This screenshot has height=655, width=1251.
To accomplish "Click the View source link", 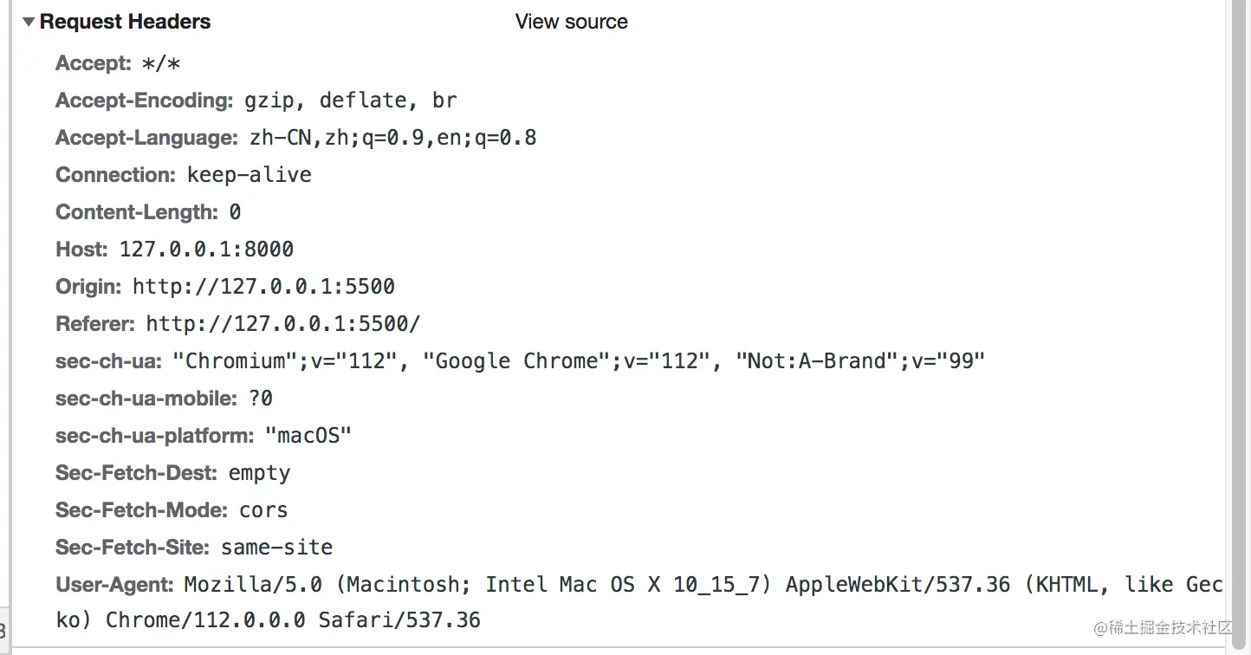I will pyautogui.click(x=571, y=22).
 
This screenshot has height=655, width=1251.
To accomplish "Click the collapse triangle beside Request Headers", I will pyautogui.click(x=29, y=22).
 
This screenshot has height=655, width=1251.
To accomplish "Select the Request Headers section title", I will pyautogui.click(x=125, y=22).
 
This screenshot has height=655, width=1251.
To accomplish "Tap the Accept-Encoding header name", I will pyautogui.click(x=144, y=101).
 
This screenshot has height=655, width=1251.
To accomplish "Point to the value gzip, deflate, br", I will pyautogui.click(x=350, y=101).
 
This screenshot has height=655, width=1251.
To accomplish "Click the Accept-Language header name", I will pyautogui.click(x=146, y=138).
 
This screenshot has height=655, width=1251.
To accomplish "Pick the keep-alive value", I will pyautogui.click(x=249, y=175).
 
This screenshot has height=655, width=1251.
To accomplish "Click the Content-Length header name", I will pyautogui.click(x=136, y=212).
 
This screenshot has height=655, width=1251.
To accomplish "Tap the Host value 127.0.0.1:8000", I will pyautogui.click(x=206, y=250).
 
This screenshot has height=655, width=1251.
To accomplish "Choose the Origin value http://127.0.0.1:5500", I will pyautogui.click(x=263, y=287).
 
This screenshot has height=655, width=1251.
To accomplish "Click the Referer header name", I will pyautogui.click(x=94, y=324).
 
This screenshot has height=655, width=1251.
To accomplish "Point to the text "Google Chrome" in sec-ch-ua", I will pyautogui.click(x=516, y=361).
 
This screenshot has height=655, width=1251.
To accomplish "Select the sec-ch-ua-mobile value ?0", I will pyautogui.click(x=261, y=399).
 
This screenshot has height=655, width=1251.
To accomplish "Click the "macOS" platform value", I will pyautogui.click(x=308, y=436).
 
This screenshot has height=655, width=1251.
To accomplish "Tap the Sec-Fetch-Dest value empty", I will pyautogui.click(x=259, y=473).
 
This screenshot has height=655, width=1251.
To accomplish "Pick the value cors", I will pyautogui.click(x=263, y=510).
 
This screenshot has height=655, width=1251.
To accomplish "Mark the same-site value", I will pyautogui.click(x=276, y=548).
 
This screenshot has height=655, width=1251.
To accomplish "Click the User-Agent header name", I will pyautogui.click(x=114, y=585).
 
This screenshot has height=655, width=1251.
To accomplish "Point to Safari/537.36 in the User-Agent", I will pyautogui.click(x=399, y=620).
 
